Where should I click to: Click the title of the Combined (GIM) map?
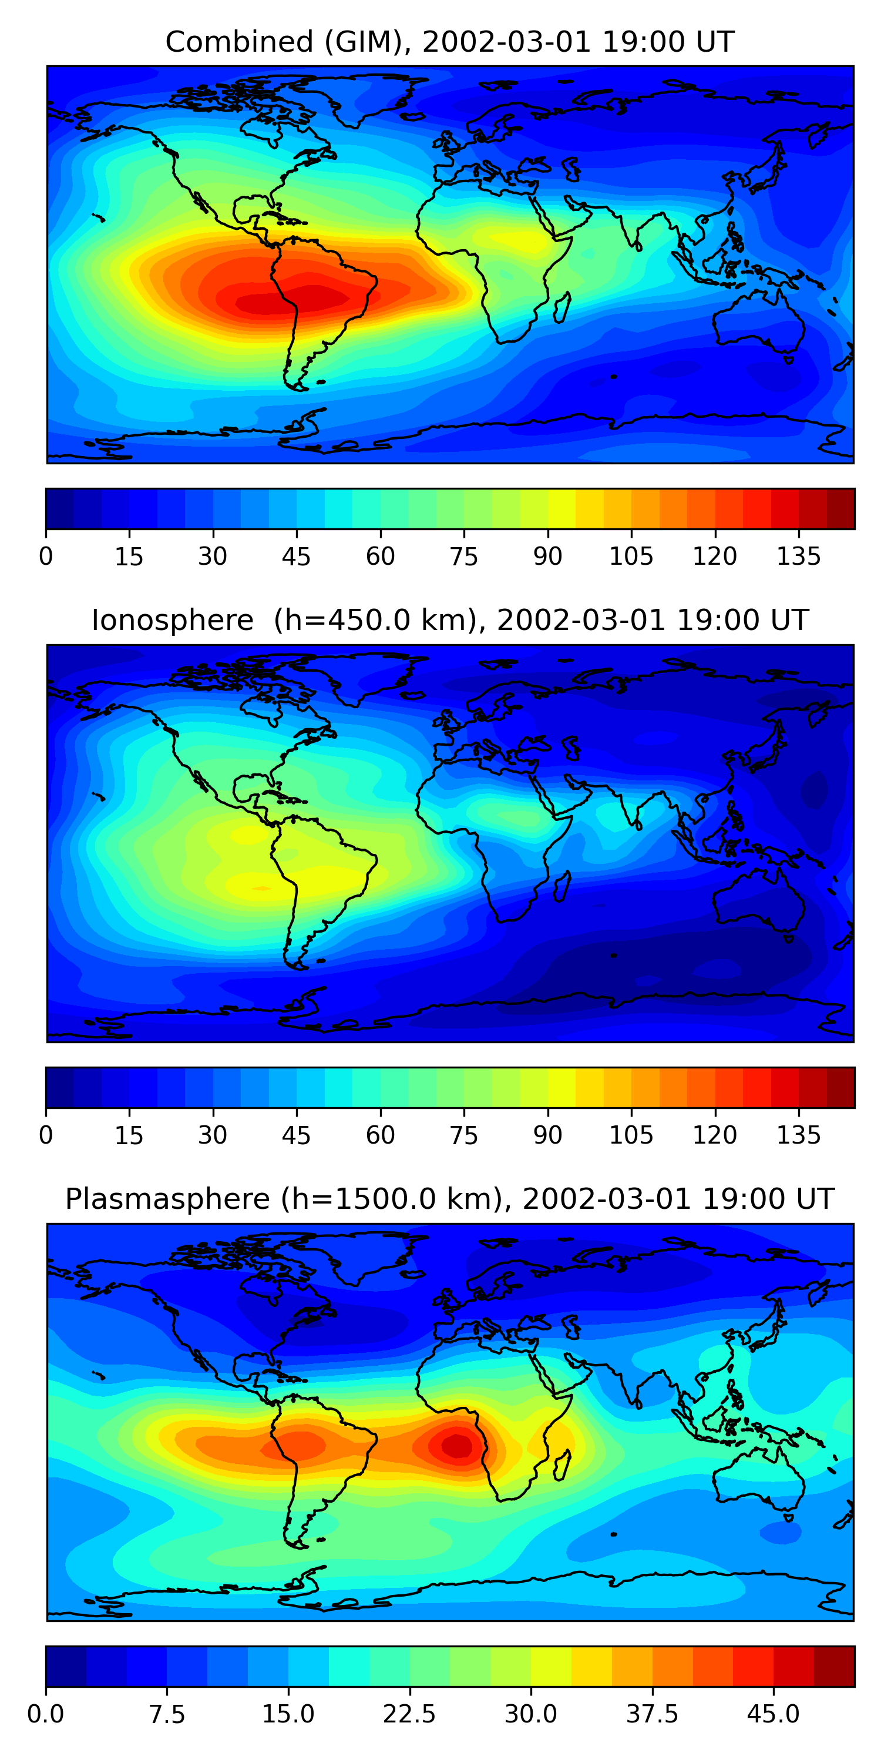449,42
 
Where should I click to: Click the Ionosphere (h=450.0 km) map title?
449,620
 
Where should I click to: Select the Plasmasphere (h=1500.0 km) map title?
449,1199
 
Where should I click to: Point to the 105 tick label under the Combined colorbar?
631,557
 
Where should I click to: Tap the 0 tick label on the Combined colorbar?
46,557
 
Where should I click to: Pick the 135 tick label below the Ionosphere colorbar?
798,1135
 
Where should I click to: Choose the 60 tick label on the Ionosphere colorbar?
381,1135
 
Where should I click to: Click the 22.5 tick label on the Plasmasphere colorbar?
409,1714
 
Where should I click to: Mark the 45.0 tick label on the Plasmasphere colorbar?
773,1714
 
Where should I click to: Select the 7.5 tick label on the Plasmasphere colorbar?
167,1714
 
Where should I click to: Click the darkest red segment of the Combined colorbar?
840,508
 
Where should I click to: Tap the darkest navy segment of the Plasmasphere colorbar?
66,1666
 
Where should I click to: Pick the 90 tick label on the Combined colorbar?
547,557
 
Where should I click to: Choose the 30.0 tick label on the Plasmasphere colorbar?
530,1714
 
